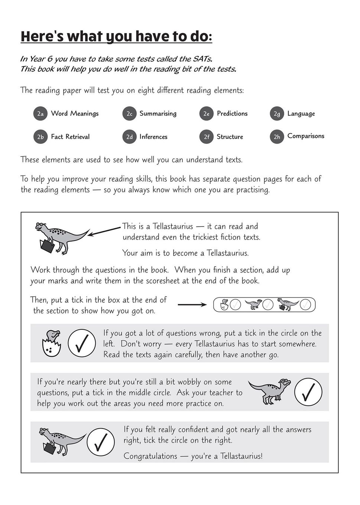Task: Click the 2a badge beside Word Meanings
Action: tap(40, 114)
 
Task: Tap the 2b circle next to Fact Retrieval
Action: tap(40, 137)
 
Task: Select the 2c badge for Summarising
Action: tap(129, 114)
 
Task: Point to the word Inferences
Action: tap(153, 137)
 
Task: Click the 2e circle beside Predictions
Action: tap(207, 114)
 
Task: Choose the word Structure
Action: tap(230, 137)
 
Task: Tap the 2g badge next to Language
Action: tap(277, 114)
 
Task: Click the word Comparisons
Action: tap(306, 136)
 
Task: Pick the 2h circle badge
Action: tap(277, 137)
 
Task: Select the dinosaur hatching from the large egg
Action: tap(51, 343)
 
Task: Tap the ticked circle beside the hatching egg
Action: tap(82, 343)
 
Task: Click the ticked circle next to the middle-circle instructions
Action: tap(308, 392)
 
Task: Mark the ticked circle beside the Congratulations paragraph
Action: tap(101, 442)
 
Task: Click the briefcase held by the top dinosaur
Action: tap(47, 246)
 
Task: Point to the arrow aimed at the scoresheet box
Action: tap(192, 305)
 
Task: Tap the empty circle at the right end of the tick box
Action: tap(305, 305)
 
